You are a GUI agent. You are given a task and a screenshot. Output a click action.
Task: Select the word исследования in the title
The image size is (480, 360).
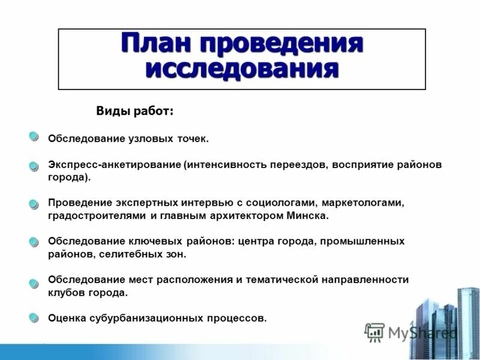click(x=241, y=68)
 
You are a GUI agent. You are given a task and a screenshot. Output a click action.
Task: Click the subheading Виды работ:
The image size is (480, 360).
click(x=135, y=111)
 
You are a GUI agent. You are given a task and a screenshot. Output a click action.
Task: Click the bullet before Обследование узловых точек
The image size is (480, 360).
click(x=34, y=137)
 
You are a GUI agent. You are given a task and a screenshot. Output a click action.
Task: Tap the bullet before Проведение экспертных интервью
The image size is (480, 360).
click(x=34, y=204)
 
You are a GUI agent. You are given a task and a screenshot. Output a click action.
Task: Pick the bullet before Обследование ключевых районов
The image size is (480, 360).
click(x=34, y=242)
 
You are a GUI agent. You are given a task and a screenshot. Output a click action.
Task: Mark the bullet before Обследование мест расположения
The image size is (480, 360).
click(x=34, y=280)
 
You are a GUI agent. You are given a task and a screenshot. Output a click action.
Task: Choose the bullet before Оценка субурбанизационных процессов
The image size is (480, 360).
click(x=34, y=317)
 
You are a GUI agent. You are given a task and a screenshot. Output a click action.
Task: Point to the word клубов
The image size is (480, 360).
click(x=65, y=292)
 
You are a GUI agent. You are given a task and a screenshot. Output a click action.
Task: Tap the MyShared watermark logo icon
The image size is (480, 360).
click(x=374, y=331)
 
